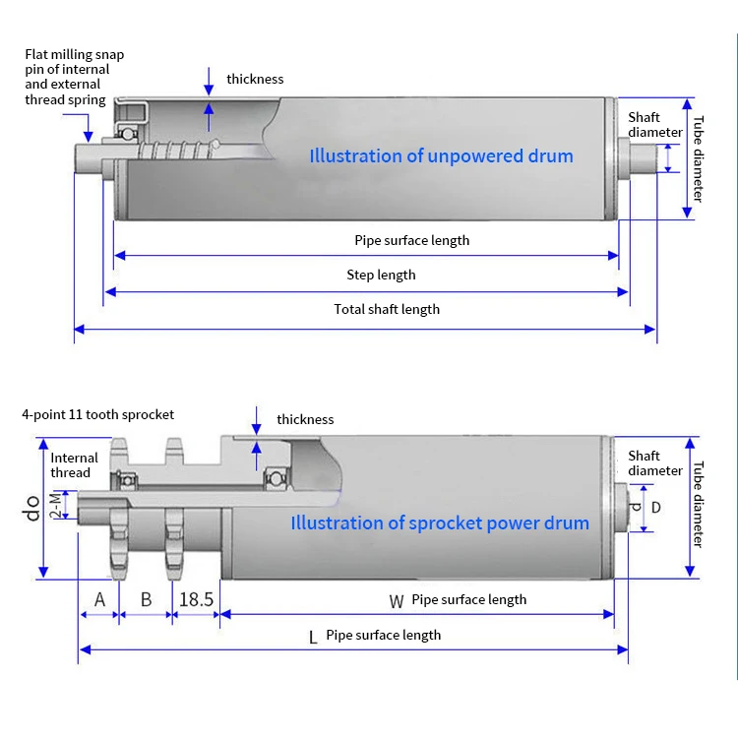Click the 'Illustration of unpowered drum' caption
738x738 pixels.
441,156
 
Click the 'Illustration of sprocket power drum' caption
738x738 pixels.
440,523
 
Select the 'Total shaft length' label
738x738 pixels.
387,309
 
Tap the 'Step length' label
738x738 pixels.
381,275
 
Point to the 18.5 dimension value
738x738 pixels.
196,598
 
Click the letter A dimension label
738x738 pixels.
99,598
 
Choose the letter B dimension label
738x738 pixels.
146,598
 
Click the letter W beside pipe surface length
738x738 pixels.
397,600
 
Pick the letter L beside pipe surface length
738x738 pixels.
313,637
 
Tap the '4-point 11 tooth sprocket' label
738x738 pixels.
97,415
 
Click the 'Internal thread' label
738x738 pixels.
75,464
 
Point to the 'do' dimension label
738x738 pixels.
32,509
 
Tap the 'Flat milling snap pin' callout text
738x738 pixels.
74,77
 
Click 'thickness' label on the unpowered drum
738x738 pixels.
255,79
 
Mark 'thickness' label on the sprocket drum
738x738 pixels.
305,419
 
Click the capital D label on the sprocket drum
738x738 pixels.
656,507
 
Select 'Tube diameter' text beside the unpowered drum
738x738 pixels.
698,158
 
